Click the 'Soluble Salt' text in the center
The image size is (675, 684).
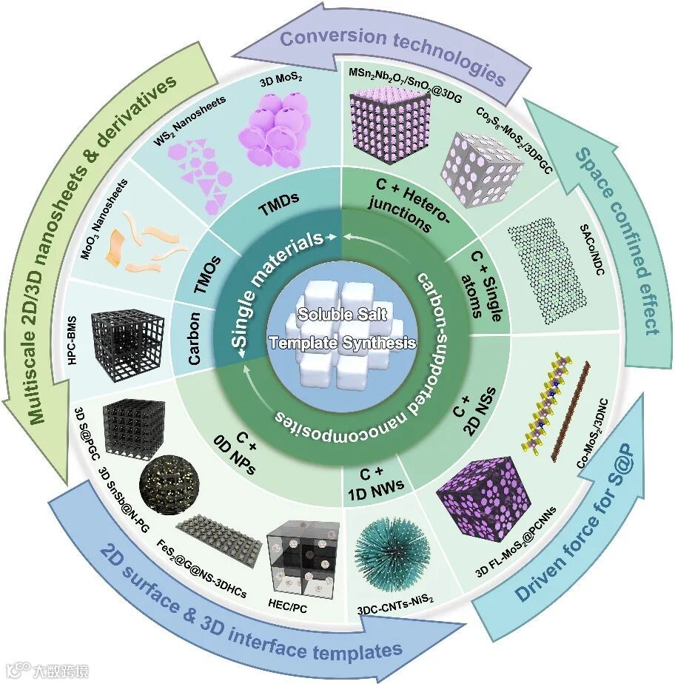click(337, 314)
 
